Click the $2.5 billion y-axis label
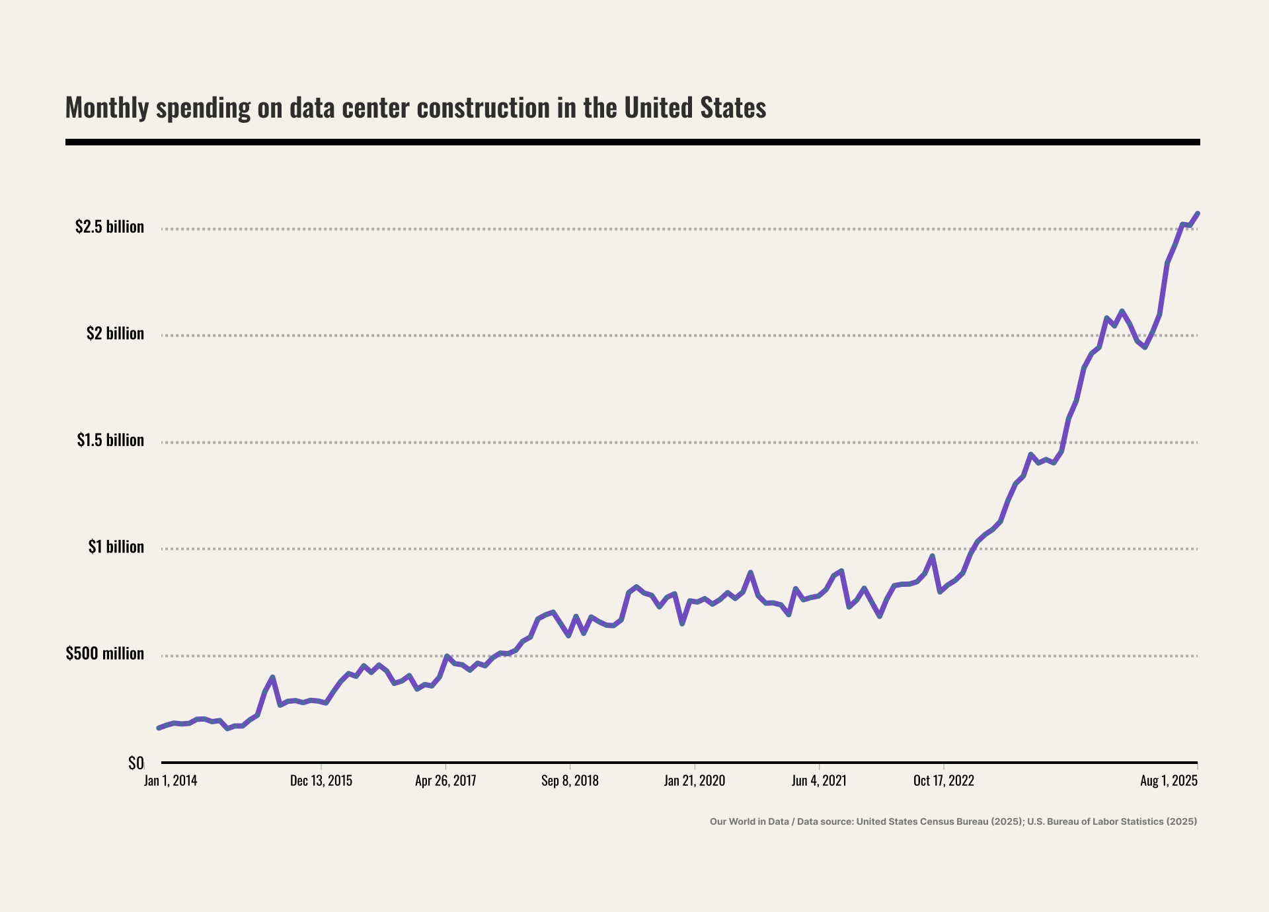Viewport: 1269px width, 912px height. pyautogui.click(x=109, y=227)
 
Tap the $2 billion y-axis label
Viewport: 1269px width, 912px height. pyautogui.click(x=115, y=333)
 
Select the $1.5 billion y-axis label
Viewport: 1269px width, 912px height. pyautogui.click(x=110, y=440)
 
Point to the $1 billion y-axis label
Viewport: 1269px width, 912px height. pyautogui.click(x=116, y=547)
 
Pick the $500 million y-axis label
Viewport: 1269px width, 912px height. pyautogui.click(x=104, y=654)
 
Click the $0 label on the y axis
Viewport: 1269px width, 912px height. pyautogui.click(x=135, y=763)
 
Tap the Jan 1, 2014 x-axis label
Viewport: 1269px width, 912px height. pyautogui.click(x=171, y=780)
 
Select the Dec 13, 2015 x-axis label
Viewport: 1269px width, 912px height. pyautogui.click(x=321, y=780)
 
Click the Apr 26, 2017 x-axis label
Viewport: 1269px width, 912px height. pyautogui.click(x=445, y=780)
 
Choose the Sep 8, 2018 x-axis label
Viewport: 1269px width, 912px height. pyautogui.click(x=570, y=780)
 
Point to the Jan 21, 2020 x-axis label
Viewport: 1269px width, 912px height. pyautogui.click(x=694, y=780)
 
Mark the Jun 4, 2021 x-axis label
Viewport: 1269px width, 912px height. pyautogui.click(x=819, y=780)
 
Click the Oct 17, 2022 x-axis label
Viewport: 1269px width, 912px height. pyautogui.click(x=943, y=780)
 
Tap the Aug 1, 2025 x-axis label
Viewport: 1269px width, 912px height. pyautogui.click(x=1169, y=780)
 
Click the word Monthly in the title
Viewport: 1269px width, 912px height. pyautogui.click(x=107, y=108)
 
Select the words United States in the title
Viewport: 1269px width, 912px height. pyautogui.click(x=695, y=108)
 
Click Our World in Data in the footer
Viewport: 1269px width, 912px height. pyautogui.click(x=749, y=821)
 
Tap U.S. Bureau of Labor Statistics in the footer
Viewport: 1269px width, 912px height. pyautogui.click(x=1095, y=821)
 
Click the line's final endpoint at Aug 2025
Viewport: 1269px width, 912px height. pyautogui.click(x=1198, y=213)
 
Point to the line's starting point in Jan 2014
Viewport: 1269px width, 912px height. pyautogui.click(x=159, y=728)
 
